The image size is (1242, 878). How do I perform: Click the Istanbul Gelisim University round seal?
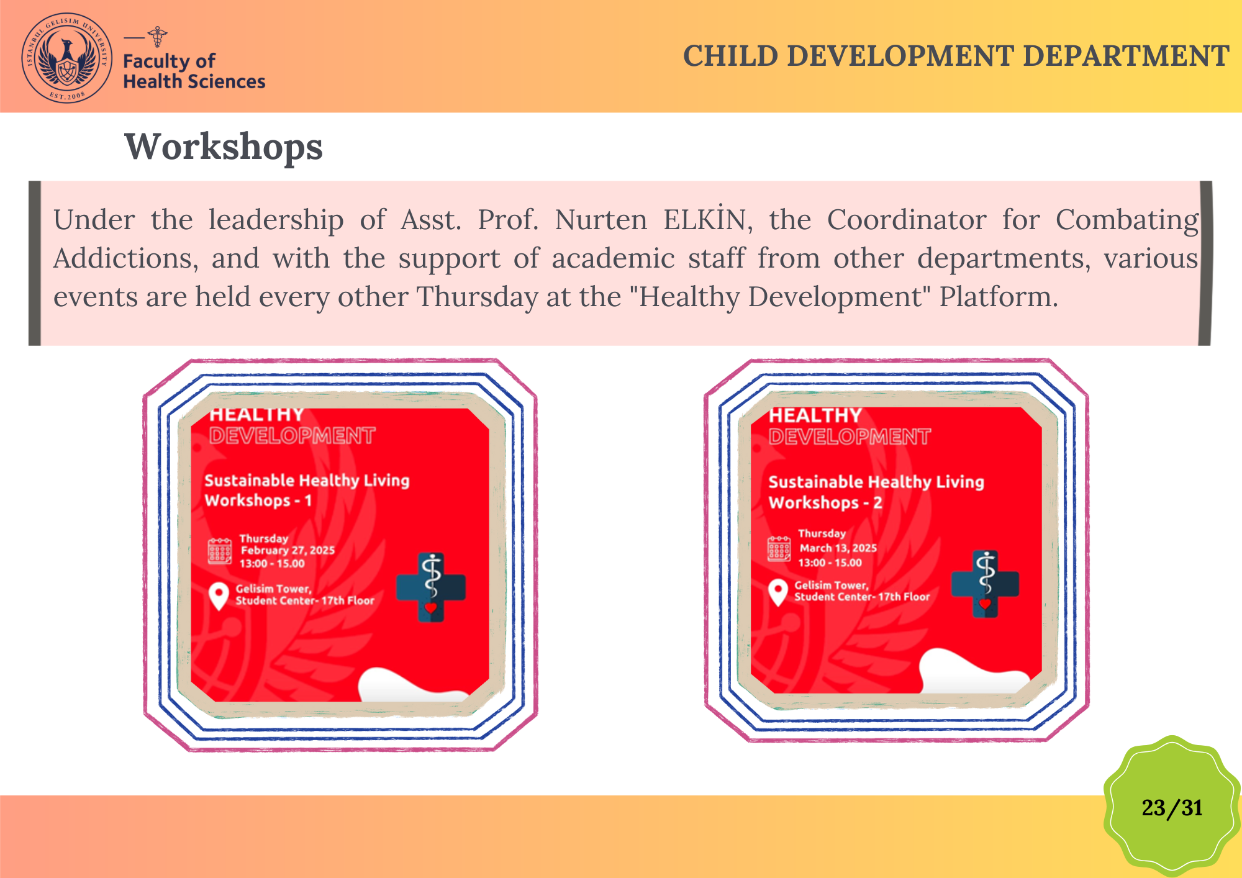pos(67,58)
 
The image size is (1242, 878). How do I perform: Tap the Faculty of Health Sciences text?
pos(194,71)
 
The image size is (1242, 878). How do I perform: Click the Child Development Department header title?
pos(956,56)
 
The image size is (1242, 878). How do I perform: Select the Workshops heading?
pos(224,147)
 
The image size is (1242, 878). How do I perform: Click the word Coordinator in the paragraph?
pos(907,220)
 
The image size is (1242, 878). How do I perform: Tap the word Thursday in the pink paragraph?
pos(477,297)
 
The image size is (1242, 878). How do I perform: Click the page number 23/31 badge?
pos(1172,807)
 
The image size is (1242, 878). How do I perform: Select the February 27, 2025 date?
pos(288,550)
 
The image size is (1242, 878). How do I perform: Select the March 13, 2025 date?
pos(838,548)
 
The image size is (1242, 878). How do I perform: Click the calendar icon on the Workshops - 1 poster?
pos(220,551)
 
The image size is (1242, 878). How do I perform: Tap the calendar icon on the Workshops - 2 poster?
pos(779,549)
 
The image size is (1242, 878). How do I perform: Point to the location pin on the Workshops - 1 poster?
pos(218,596)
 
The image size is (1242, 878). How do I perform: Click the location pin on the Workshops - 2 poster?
pos(778,592)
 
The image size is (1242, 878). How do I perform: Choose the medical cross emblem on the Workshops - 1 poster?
pos(431,587)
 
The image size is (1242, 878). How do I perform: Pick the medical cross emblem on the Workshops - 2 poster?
pos(985,584)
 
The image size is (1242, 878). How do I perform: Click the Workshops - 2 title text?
pos(825,503)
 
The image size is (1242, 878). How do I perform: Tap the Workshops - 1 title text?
pos(258,500)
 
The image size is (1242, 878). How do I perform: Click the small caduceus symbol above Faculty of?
pos(158,37)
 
